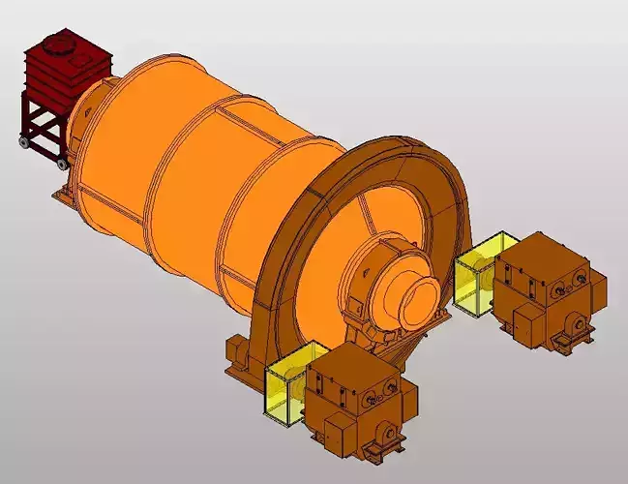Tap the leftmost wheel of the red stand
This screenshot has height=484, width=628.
pyautogui.click(x=23, y=144)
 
